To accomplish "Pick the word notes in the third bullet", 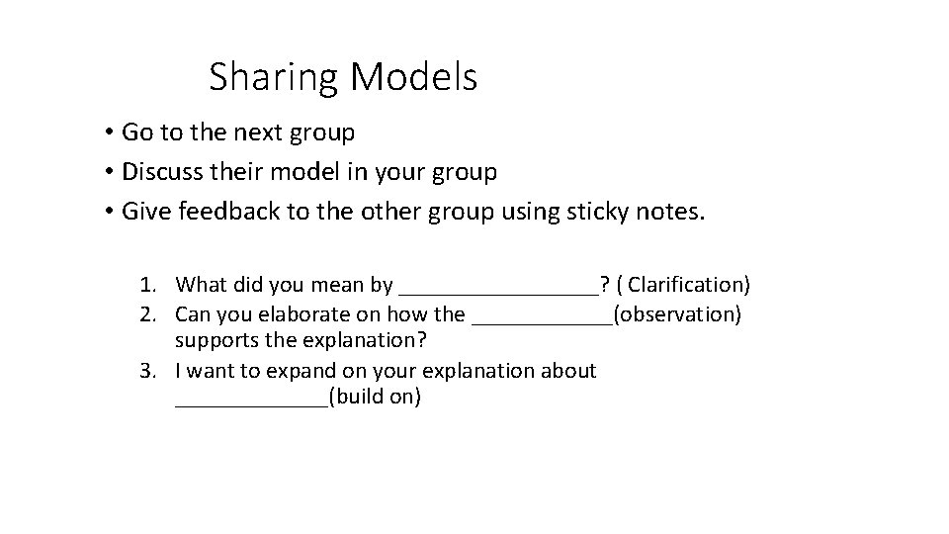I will (670, 213).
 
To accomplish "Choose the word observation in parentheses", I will (677, 314).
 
